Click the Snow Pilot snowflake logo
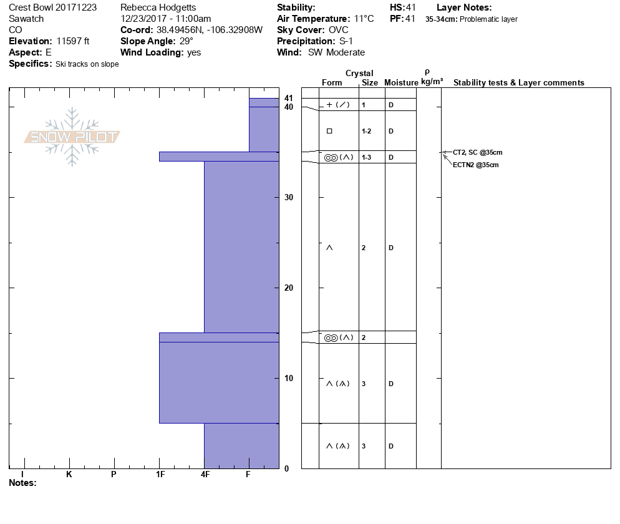(x=72, y=137)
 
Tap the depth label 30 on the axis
(x=289, y=197)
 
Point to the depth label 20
(x=289, y=288)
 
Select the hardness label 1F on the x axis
(x=160, y=474)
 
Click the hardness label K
(x=69, y=474)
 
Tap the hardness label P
(x=114, y=474)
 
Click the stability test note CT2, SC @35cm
(x=478, y=152)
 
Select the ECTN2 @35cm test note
(x=476, y=165)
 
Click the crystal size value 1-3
(x=367, y=157)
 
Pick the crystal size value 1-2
(x=367, y=131)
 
